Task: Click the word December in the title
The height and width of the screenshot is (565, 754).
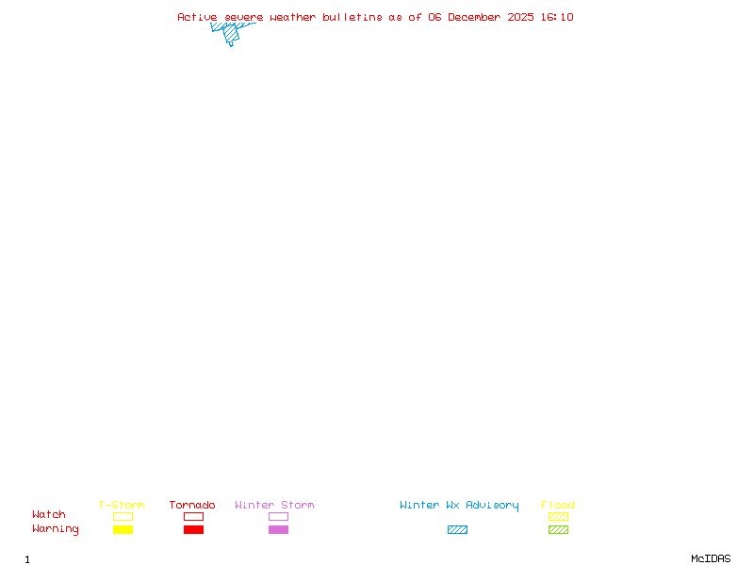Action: (x=474, y=17)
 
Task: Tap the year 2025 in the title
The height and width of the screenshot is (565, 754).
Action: (x=520, y=17)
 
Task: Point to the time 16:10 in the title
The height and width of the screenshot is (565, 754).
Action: (x=557, y=17)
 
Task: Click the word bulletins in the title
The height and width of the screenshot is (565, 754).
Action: (x=352, y=17)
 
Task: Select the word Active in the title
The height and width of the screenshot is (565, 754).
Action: (x=197, y=17)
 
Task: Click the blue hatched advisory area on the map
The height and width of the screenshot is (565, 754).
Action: (x=231, y=33)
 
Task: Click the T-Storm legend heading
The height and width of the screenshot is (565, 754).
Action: (x=122, y=505)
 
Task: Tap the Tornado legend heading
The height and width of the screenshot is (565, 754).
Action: (x=192, y=505)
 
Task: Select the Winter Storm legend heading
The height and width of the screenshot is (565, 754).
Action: (x=274, y=505)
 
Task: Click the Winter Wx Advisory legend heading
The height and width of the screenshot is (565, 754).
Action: (x=459, y=506)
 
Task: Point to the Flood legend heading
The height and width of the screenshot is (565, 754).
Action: (x=558, y=505)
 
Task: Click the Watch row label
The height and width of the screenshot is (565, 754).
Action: (x=49, y=514)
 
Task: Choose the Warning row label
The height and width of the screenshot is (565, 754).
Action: (x=56, y=529)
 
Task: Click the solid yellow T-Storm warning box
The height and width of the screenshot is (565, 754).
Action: (x=123, y=529)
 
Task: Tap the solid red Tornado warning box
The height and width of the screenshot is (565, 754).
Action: (x=194, y=529)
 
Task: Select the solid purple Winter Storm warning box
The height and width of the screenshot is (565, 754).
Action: (x=278, y=529)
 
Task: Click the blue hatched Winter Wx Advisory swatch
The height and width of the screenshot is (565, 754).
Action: (x=457, y=529)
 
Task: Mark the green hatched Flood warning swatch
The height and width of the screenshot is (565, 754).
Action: (x=558, y=529)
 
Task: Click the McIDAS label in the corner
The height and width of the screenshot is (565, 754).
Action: (x=711, y=558)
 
